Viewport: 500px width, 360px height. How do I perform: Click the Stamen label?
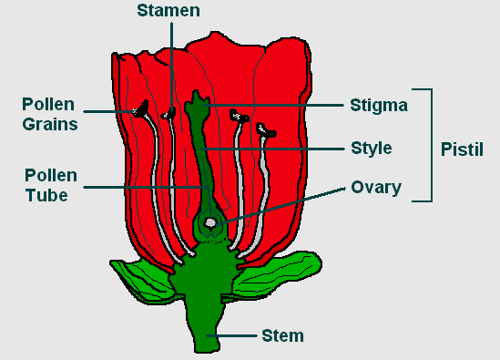point(168,11)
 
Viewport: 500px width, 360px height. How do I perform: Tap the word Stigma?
point(379,106)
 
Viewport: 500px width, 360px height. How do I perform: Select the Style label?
point(372,149)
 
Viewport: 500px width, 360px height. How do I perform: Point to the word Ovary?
point(376,188)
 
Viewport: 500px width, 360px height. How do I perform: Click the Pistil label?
point(462,149)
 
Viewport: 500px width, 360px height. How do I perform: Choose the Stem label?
point(282,335)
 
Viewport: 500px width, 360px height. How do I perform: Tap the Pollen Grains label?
point(50,114)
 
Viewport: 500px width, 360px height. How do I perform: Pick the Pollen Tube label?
point(51,185)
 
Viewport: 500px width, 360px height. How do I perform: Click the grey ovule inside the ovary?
point(210,222)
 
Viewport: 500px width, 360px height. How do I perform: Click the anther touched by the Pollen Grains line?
point(141,109)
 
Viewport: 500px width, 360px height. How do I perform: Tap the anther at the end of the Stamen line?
point(168,114)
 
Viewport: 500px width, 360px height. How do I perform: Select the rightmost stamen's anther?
point(265,130)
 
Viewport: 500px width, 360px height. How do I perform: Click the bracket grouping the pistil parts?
point(432,145)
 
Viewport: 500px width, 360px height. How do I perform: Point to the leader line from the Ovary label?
point(280,207)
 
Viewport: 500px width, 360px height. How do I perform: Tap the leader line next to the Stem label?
point(232,335)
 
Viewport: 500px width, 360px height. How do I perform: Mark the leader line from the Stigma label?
point(273,105)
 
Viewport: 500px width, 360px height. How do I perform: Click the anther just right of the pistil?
point(239,116)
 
